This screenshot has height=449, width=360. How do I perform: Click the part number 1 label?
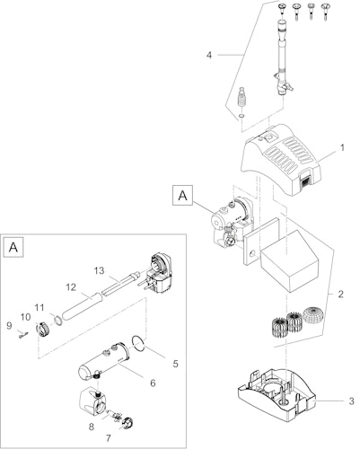click(342, 148)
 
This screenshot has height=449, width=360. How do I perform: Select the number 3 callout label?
click(352, 401)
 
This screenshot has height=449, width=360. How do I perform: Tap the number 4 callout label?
click(209, 56)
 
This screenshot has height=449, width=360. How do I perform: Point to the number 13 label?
click(99, 270)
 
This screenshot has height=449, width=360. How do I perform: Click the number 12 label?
click(71, 287)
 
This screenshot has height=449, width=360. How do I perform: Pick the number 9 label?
click(9, 326)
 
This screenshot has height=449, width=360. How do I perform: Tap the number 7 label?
click(109, 438)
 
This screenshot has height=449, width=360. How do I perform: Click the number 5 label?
click(175, 364)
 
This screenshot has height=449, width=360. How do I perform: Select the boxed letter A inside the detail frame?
click(13, 247)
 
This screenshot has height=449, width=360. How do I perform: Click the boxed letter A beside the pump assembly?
click(182, 196)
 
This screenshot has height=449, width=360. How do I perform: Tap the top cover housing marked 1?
click(281, 159)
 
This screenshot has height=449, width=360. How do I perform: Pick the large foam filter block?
click(290, 261)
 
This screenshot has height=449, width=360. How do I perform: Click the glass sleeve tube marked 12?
click(81, 308)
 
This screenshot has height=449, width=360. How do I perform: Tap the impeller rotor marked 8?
click(114, 415)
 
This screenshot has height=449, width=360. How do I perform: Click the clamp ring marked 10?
click(41, 330)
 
